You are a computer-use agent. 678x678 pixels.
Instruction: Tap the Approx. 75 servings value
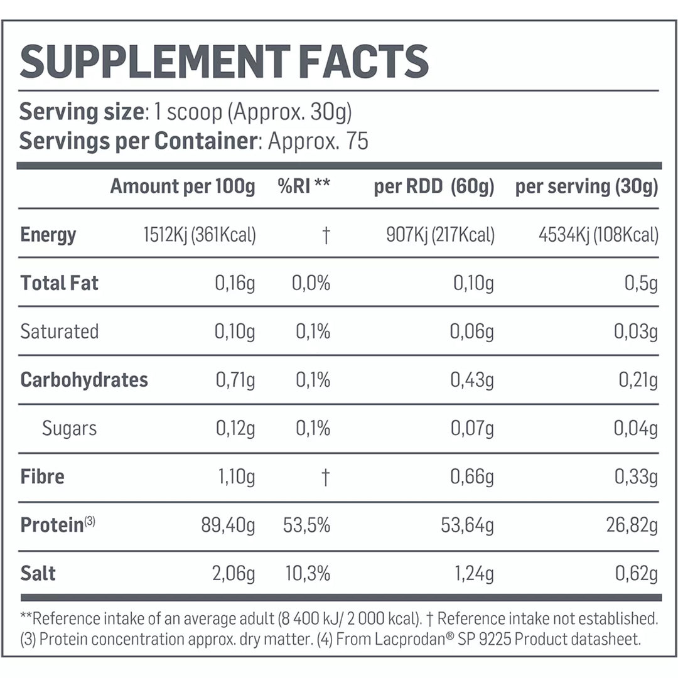(318, 141)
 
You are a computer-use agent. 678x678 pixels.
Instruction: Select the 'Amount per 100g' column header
(183, 186)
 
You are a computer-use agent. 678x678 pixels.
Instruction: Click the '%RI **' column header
(304, 186)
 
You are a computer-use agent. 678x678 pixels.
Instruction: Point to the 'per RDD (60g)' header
(434, 186)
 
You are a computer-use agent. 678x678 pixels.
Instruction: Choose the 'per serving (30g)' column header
(586, 186)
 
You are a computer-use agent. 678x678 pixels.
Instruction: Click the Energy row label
(48, 235)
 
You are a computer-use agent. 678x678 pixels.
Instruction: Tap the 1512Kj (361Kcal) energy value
(200, 235)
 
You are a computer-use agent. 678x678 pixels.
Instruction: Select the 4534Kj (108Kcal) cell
(598, 235)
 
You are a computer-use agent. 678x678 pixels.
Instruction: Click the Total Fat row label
(60, 283)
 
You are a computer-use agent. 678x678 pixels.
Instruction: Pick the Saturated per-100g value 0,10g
(235, 331)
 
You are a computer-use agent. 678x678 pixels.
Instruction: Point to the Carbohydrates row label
(84, 380)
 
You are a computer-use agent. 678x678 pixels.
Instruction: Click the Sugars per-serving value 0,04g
(636, 429)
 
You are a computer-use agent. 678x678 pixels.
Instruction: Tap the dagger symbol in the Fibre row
(325, 477)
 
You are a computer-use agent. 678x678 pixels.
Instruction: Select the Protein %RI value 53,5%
(306, 525)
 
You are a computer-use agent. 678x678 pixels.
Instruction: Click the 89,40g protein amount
(228, 525)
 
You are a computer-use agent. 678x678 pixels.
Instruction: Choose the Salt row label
(38, 573)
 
